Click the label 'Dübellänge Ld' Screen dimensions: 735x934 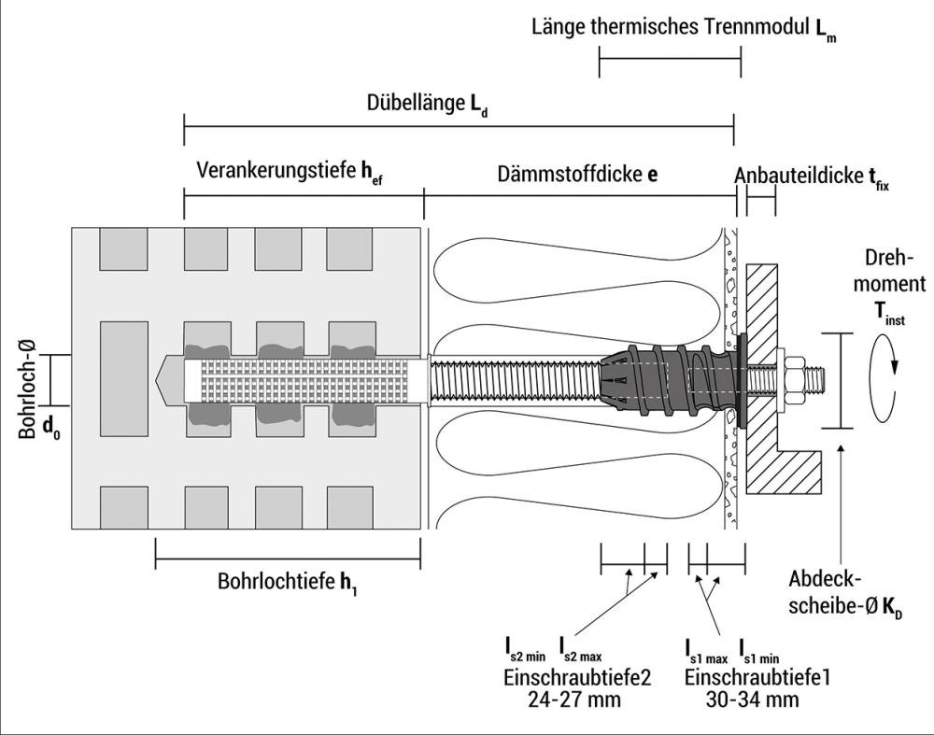tap(428, 105)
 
